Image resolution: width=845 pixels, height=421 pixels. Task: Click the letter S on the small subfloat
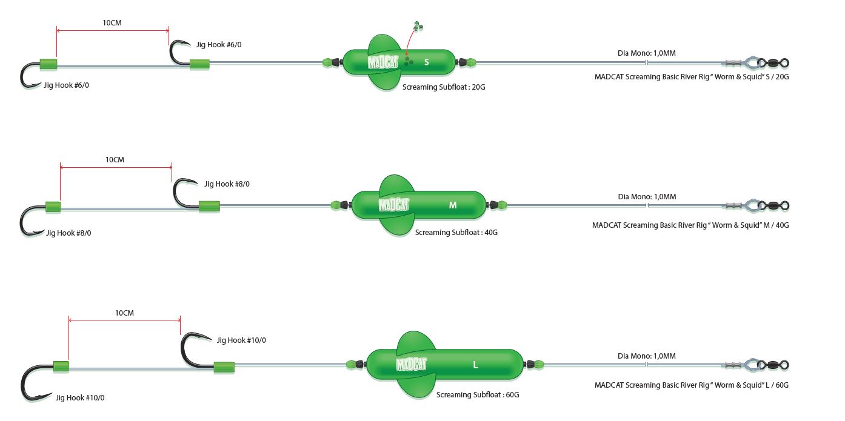[427, 62]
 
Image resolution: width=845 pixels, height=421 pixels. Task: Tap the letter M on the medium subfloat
[453, 205]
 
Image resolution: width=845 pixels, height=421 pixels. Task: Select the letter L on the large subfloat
[476, 365]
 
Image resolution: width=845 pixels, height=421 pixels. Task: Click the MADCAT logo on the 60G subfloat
[412, 364]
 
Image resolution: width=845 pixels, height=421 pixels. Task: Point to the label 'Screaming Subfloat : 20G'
[444, 87]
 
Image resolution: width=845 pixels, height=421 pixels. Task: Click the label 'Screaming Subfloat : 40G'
[456, 233]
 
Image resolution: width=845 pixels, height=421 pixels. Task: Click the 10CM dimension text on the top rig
[112, 23]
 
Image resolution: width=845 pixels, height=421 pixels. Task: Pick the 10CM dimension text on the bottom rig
[124, 313]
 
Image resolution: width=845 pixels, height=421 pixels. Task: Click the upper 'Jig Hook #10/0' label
[241, 340]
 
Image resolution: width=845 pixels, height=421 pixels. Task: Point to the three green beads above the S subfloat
[417, 26]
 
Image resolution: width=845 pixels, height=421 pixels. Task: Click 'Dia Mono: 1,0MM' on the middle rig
[647, 197]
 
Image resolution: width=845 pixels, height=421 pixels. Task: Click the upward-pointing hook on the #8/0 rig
[184, 193]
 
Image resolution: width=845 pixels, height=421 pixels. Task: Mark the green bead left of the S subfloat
[328, 62]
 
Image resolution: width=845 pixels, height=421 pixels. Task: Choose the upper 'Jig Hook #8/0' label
[227, 184]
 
